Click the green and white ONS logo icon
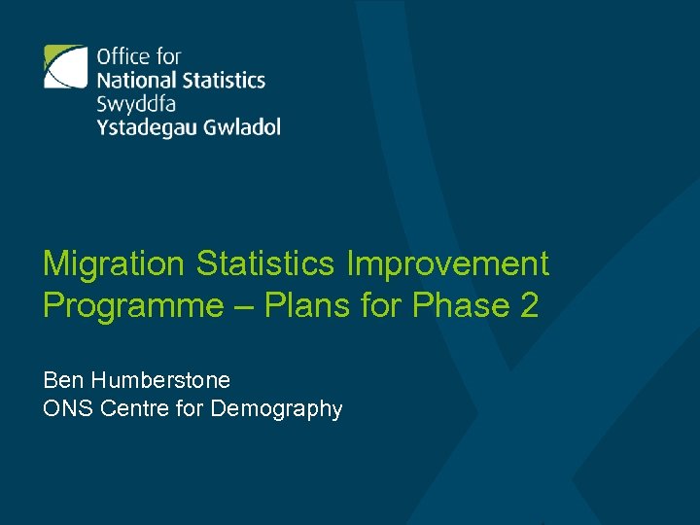66,67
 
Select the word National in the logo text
135,80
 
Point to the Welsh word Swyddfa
136,104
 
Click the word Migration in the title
113,263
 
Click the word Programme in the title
133,306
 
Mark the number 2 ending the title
529,305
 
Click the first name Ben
60,379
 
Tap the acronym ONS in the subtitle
64,409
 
